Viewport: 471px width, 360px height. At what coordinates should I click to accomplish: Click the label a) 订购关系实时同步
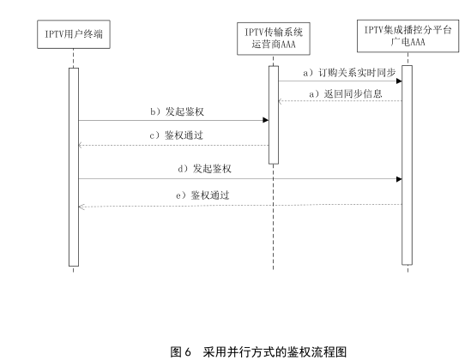349,73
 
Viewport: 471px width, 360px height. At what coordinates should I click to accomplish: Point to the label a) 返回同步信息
346,94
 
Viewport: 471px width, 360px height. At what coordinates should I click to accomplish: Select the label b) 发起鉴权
178,111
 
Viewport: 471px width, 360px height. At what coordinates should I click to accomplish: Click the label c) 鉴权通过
177,135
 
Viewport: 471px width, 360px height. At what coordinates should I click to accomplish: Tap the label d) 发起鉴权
204,169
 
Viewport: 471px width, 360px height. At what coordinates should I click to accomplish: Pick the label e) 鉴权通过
202,195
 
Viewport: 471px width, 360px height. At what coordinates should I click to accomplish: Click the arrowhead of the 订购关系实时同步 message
399,81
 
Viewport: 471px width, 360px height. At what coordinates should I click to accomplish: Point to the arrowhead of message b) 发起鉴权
266,120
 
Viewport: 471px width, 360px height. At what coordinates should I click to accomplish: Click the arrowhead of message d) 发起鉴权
399,179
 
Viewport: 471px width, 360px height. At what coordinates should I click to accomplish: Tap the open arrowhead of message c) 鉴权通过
81,146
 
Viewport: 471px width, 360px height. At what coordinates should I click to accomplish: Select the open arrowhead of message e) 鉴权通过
82,207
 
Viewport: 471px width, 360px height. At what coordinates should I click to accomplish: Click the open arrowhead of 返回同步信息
280,101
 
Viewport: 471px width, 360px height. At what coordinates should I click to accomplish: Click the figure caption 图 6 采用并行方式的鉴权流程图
258,351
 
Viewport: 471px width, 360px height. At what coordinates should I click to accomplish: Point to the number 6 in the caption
188,352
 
